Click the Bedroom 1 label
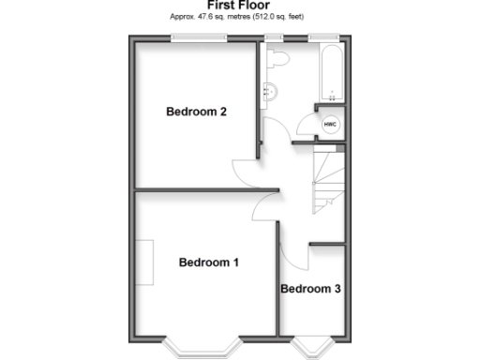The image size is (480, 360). coord(208,262)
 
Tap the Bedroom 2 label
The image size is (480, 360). coord(197,112)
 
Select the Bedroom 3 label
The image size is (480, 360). coord(310,289)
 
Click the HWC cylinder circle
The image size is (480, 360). coord(330,125)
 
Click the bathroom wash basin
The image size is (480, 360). coord(269,92)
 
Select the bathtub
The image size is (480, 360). coord(331,71)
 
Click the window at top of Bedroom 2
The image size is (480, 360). coord(198,38)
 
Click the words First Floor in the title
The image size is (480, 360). coord(238,6)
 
